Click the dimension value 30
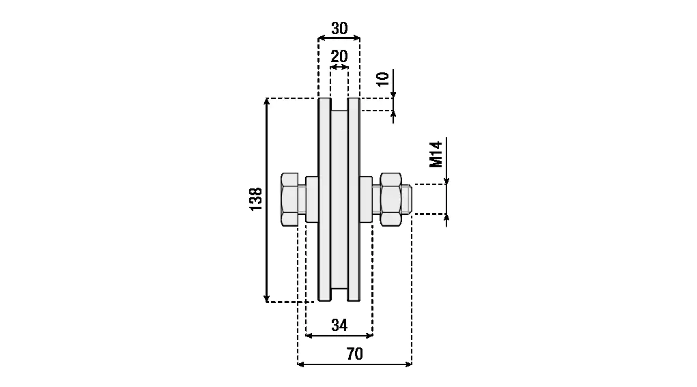point(339,29)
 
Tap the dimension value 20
point(339,57)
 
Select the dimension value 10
point(383,78)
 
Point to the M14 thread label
point(436,154)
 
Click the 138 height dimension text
point(256,199)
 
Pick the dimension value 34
point(339,326)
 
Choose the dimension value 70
point(354,354)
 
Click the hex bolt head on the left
point(289,199)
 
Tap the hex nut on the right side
point(390,199)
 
